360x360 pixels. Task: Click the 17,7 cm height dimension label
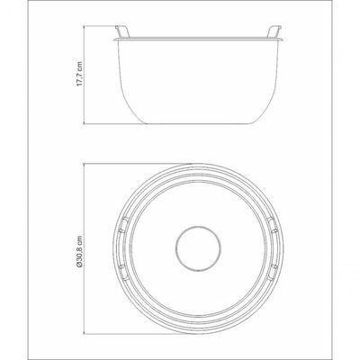(79, 74)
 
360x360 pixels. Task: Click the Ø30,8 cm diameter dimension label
(79, 251)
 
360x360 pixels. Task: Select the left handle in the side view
(121, 31)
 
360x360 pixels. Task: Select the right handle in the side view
(274, 31)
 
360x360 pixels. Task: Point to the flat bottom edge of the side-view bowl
(198, 123)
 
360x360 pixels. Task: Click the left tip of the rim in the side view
(114, 40)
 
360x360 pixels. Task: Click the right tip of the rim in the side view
(283, 40)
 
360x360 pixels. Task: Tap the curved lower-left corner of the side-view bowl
(128, 110)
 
